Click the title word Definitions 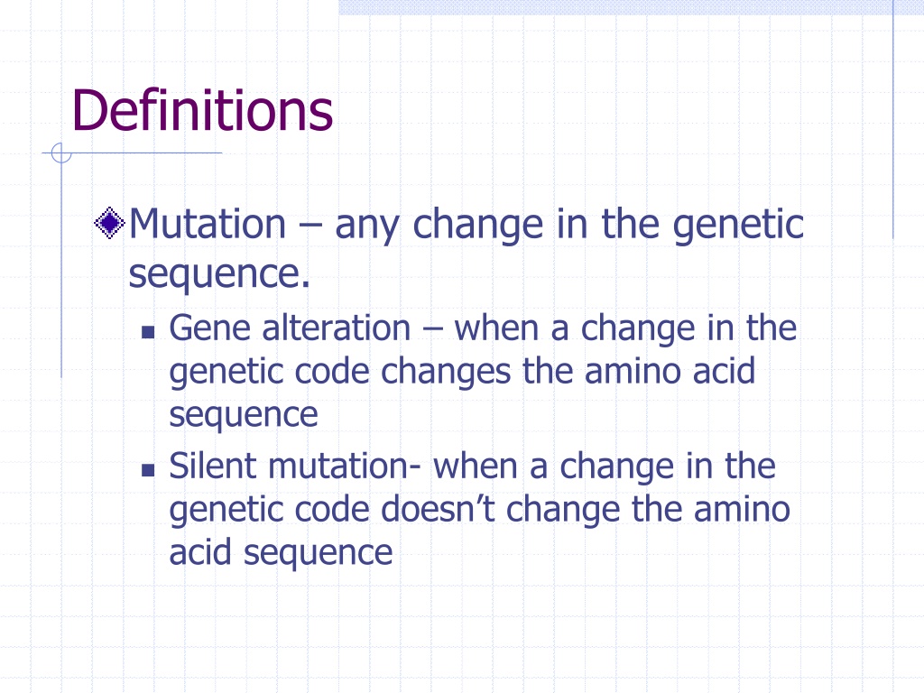point(202,110)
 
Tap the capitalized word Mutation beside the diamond point(208,224)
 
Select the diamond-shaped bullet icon point(109,223)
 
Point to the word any point(366,226)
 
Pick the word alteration point(336,328)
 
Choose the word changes point(446,374)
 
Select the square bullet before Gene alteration point(148,332)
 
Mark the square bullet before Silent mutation point(148,469)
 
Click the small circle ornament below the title point(61,153)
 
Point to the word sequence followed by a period point(219,274)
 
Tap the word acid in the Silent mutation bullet point(199,552)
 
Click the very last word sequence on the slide point(319,555)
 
